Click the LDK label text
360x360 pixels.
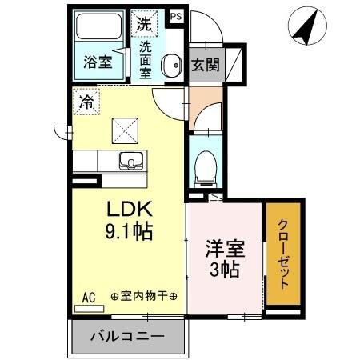click(130, 210)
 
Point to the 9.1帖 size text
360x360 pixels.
click(130, 232)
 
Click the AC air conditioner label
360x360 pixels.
click(89, 297)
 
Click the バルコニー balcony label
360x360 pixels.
click(126, 337)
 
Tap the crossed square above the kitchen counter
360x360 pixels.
click(123, 128)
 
